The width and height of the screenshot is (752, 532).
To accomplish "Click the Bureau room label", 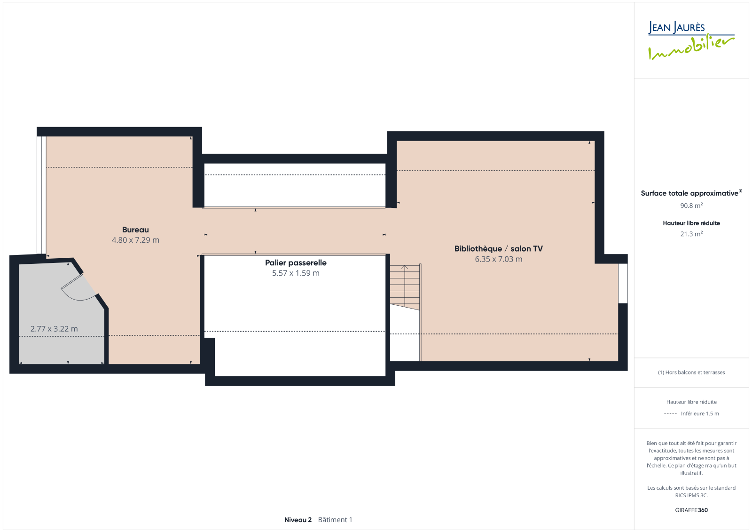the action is click(135, 230).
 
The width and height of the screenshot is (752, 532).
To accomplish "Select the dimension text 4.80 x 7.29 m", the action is click(135, 240).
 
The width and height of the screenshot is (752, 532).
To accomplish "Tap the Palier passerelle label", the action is click(296, 263).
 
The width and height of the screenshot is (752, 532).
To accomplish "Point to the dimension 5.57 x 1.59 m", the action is click(296, 273).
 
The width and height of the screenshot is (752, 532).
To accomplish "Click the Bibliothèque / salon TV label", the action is click(499, 249).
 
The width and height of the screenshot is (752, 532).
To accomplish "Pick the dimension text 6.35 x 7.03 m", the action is click(499, 259).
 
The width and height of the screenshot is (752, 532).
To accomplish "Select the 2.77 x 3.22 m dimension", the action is click(54, 329).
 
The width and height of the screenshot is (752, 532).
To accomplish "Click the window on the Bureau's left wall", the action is click(41, 195).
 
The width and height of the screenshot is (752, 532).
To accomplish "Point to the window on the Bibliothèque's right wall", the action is click(623, 283).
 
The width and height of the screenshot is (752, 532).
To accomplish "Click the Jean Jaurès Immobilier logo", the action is click(691, 40).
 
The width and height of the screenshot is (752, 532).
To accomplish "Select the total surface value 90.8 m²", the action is click(691, 206).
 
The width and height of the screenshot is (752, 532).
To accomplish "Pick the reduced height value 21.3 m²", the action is click(691, 234).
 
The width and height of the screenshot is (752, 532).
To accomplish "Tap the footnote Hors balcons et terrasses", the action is click(691, 373).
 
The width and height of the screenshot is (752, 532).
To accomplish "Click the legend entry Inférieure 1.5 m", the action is click(700, 414).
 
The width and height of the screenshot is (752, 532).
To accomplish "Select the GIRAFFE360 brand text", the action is click(691, 510).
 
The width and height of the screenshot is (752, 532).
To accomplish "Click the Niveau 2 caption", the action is click(298, 520).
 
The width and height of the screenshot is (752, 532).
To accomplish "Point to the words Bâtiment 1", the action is click(335, 520).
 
